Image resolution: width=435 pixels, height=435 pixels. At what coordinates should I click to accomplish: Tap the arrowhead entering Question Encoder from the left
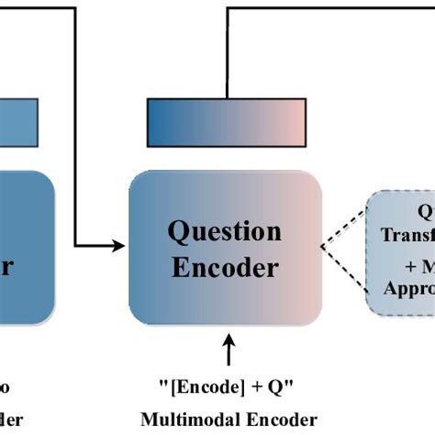pos(120,246)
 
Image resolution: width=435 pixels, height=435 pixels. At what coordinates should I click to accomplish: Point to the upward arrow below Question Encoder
pos(229,350)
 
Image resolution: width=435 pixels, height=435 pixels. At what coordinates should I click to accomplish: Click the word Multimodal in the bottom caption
pos(184,418)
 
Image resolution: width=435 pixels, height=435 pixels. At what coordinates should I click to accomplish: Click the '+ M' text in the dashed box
pos(418,265)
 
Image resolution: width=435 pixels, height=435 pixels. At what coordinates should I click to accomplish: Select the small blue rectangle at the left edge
pos(18,118)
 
